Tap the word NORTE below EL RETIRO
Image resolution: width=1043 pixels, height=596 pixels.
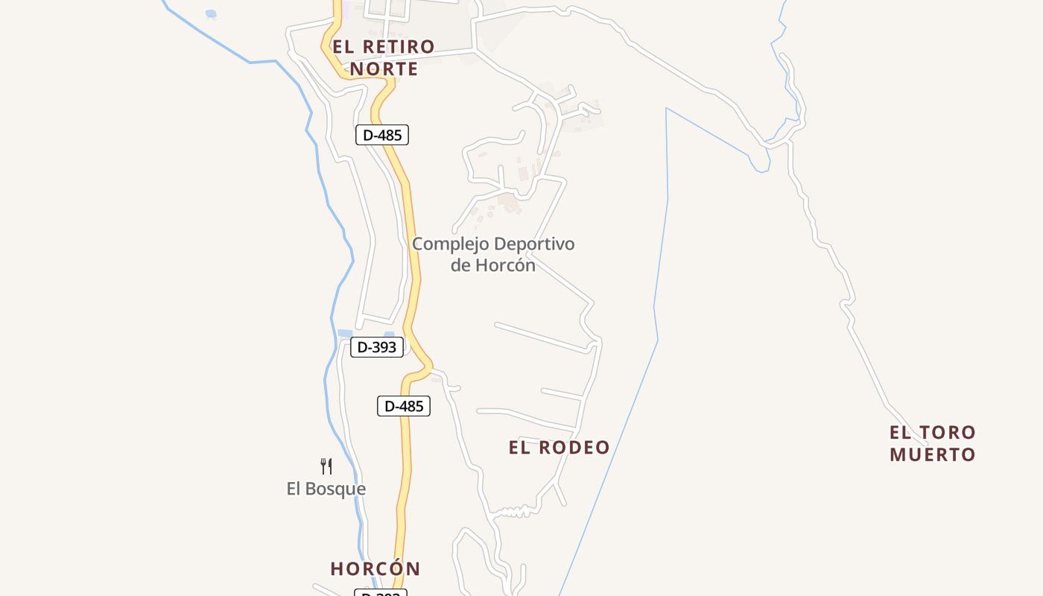tap(384, 69)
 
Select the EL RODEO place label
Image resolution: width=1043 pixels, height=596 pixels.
tap(559, 447)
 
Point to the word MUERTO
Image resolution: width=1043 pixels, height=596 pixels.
tap(932, 454)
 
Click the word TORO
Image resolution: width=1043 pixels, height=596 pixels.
tap(947, 432)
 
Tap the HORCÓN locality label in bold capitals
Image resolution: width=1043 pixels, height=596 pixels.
tap(375, 568)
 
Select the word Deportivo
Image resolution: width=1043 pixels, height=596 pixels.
tap(534, 244)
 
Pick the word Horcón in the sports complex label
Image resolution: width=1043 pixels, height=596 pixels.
tap(510, 264)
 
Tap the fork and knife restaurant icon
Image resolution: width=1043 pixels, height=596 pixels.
tap(326, 466)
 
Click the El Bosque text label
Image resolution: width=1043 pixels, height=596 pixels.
tap(326, 489)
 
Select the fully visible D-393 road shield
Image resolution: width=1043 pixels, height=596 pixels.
tap(377, 346)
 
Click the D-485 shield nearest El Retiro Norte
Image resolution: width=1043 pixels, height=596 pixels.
tap(382, 135)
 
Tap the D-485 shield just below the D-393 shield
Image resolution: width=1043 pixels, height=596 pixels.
tap(404, 406)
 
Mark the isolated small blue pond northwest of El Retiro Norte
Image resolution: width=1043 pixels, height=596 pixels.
tap(211, 13)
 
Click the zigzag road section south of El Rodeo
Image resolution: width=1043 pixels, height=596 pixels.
tap(514, 511)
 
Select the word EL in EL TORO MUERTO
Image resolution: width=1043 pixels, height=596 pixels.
tap(900, 432)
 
